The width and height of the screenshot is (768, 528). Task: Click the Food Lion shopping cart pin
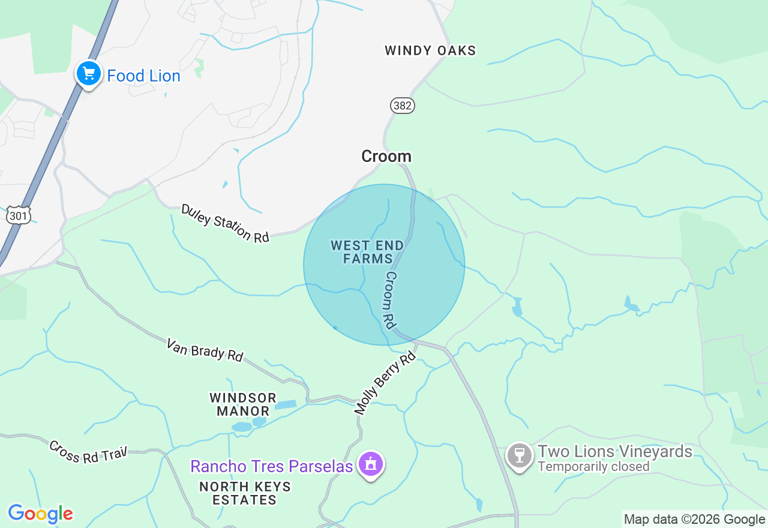click(89, 74)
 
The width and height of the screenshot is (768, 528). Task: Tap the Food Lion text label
click(143, 76)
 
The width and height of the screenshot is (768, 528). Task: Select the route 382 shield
click(402, 106)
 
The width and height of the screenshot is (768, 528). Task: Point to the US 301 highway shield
click(18, 215)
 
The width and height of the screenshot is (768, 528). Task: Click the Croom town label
click(386, 157)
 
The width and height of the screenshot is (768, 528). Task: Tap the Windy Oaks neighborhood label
click(430, 51)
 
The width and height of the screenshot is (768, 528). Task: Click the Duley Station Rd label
click(225, 224)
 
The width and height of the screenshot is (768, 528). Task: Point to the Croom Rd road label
click(390, 300)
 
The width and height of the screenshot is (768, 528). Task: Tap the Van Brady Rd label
click(205, 350)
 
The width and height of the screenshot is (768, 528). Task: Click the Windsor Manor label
click(243, 404)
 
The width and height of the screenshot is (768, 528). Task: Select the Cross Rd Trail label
click(88, 452)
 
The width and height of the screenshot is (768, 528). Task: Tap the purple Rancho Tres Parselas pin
click(371, 464)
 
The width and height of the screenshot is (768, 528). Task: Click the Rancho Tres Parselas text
click(271, 466)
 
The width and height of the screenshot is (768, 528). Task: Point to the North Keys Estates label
click(245, 493)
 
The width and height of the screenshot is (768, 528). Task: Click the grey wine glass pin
click(520, 455)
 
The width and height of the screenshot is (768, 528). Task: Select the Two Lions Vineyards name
click(615, 451)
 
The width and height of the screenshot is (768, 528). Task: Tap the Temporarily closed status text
click(593, 467)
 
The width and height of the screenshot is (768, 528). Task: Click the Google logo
click(40, 514)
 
